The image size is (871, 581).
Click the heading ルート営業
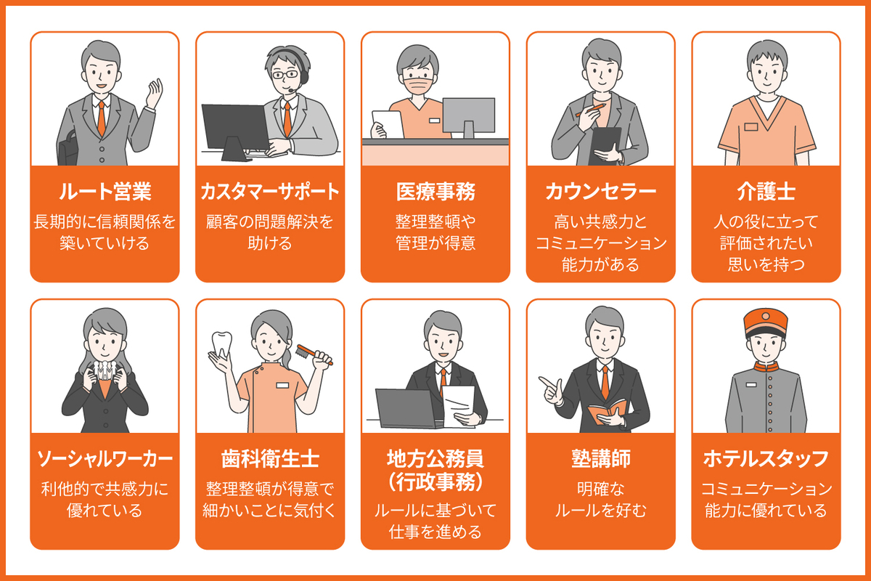pyautogui.click(x=105, y=192)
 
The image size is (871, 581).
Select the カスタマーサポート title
pyautogui.click(x=270, y=192)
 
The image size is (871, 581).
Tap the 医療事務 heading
pyautogui.click(x=435, y=192)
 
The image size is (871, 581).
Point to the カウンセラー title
pyautogui.click(x=600, y=192)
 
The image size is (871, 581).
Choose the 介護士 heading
pyautogui.click(x=766, y=192)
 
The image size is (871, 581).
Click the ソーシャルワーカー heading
pyautogui.click(x=105, y=459)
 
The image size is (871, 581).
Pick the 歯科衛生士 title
pyautogui.click(x=270, y=459)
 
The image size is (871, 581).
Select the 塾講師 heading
pyautogui.click(x=600, y=459)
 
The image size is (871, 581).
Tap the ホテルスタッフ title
pyautogui.click(x=766, y=459)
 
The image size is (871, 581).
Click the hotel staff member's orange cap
pyautogui.click(x=766, y=320)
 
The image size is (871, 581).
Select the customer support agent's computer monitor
pyautogui.click(x=234, y=128)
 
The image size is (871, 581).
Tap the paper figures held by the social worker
pyautogui.click(x=105, y=369)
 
